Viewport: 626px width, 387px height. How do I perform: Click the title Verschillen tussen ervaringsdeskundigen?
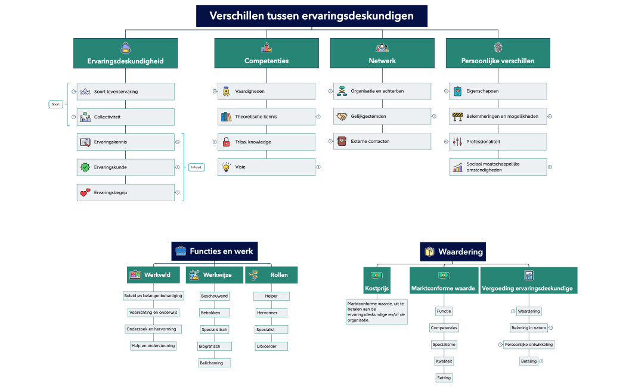(312, 16)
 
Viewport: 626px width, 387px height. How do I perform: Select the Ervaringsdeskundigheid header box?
(125, 54)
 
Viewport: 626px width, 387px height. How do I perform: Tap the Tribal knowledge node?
(266, 142)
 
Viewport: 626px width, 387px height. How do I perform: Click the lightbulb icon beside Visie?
(226, 167)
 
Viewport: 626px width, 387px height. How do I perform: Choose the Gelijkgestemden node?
(382, 117)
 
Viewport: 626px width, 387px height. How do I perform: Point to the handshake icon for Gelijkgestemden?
(342, 117)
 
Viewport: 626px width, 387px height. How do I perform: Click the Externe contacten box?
(382, 142)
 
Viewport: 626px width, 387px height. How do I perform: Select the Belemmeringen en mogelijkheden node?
(498, 117)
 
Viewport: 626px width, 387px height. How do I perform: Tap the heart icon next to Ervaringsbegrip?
(85, 192)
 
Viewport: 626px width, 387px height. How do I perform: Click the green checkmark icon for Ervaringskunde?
(85, 167)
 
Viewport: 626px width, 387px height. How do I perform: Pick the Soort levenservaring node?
(125, 92)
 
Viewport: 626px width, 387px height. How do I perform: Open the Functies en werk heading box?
(215, 251)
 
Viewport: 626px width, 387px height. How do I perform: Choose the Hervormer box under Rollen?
(271, 313)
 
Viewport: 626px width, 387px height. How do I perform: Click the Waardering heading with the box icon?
(454, 252)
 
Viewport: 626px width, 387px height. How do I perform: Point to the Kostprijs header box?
(377, 280)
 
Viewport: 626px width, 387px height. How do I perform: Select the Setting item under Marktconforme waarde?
(444, 378)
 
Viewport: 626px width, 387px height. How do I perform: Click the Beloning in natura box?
(528, 328)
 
